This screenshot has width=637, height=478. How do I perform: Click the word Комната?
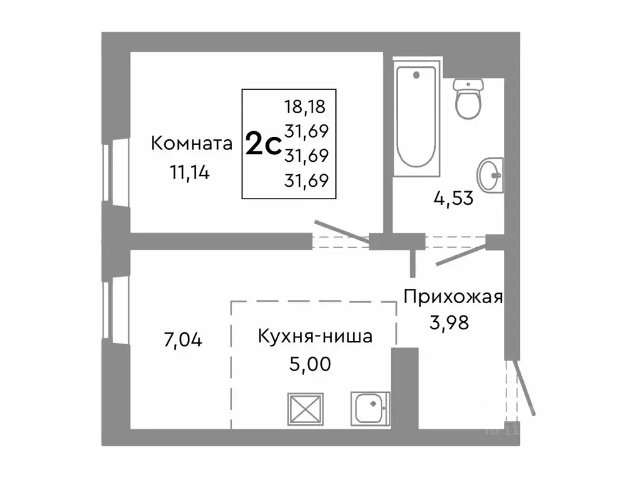point(192,144)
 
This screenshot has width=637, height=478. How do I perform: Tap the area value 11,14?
point(189,172)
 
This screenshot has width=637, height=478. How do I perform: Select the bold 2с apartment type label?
point(261,144)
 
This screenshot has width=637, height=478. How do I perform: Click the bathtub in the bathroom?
point(417,118)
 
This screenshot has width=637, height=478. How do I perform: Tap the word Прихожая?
point(452,296)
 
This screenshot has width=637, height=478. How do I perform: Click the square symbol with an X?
point(305,409)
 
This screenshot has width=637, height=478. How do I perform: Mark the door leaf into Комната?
point(343,230)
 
